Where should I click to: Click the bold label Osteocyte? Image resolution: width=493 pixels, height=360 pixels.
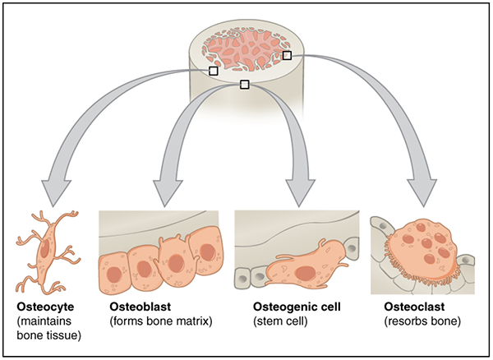[44, 307]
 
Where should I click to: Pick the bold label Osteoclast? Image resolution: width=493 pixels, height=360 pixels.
[414, 307]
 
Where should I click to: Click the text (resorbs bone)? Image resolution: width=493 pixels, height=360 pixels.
[422, 321]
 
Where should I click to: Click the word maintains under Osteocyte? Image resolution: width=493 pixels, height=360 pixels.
[48, 321]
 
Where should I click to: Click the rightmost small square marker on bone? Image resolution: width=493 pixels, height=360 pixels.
[288, 55]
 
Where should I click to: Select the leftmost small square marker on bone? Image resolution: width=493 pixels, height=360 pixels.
[214, 72]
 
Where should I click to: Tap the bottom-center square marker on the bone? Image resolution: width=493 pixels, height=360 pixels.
[244, 84]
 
